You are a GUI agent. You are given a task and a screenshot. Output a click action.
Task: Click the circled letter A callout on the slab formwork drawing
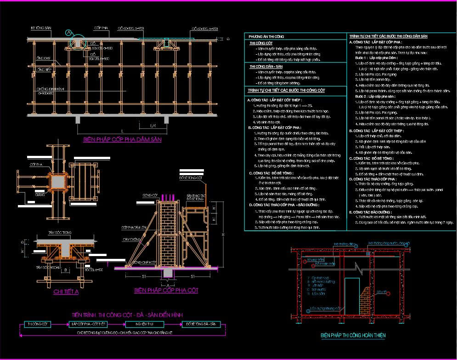[68, 33]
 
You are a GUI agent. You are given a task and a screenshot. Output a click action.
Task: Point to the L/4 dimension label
[153, 126]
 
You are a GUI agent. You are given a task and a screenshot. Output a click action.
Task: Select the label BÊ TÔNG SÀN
[41, 28]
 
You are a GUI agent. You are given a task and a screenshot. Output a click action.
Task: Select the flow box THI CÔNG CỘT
[38, 324]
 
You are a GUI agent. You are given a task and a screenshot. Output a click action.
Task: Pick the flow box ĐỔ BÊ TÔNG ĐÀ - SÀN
[200, 324]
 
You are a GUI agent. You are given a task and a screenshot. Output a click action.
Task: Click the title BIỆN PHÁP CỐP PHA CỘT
[166, 291]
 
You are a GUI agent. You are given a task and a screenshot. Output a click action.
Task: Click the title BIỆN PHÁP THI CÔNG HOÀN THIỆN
[353, 336]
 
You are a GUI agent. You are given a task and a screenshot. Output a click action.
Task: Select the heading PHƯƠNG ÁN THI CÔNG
[266, 35]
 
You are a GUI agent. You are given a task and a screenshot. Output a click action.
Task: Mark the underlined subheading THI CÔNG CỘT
[261, 43]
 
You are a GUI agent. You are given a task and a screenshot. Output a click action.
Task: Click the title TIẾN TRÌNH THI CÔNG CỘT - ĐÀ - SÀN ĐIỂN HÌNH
[127, 314]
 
